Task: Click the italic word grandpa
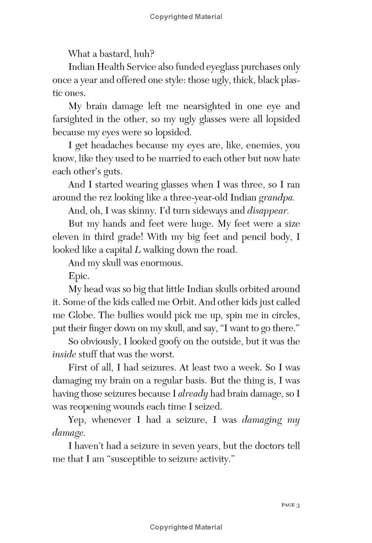coord(276,197)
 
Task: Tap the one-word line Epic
coord(79,275)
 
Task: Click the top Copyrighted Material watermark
coord(186,17)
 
